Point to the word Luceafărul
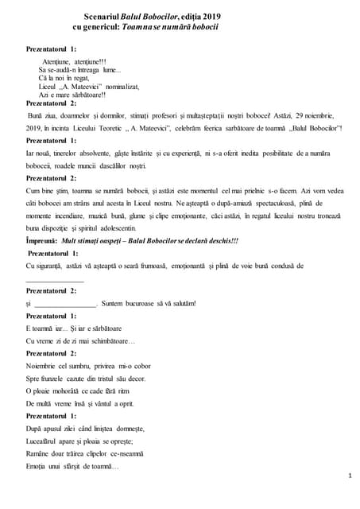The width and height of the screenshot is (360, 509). [x=45, y=441]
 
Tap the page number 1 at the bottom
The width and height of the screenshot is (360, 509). [x=350, y=475]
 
